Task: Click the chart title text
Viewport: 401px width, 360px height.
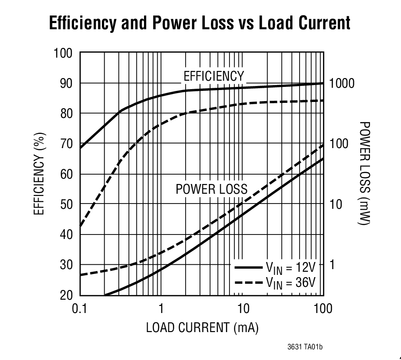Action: [x=200, y=23]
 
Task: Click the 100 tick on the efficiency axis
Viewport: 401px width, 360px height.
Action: [x=63, y=53]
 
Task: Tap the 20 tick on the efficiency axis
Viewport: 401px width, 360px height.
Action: [x=66, y=295]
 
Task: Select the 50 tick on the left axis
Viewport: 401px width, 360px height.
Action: [x=66, y=204]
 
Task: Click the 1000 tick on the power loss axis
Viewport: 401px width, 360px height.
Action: [x=342, y=83]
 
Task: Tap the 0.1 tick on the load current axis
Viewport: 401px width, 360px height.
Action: [x=80, y=308]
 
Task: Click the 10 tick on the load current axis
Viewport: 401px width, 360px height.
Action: [x=242, y=308]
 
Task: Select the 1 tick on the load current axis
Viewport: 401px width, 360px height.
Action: [x=161, y=308]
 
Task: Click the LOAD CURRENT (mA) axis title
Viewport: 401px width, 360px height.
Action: [x=202, y=328]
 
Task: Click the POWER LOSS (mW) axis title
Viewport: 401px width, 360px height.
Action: [x=364, y=174]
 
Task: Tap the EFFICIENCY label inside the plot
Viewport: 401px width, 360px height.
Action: [x=214, y=76]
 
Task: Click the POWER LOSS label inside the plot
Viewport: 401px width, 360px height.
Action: [x=211, y=189]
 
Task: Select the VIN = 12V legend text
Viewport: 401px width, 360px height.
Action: [x=291, y=267]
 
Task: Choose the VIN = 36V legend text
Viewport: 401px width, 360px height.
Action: [x=291, y=282]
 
